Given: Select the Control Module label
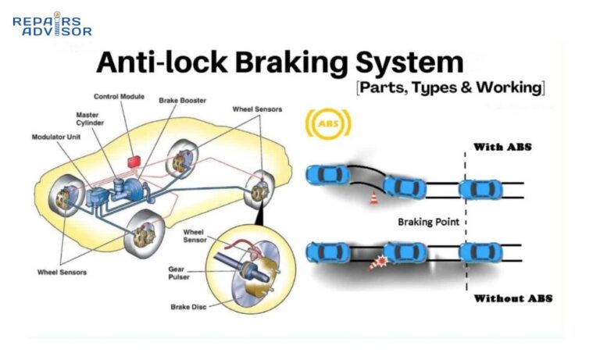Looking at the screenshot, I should coord(119,97).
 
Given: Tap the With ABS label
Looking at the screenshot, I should coord(504,146).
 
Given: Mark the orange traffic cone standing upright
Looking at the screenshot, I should coord(373,199).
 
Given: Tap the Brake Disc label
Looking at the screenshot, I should coord(187,307).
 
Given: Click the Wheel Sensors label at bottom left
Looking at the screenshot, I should coord(62,272).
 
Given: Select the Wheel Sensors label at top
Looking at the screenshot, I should coord(257,109).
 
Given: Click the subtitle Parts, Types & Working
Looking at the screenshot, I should coord(449,87).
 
